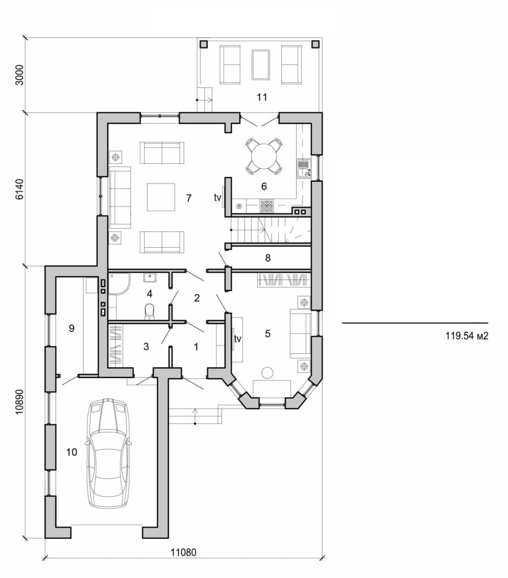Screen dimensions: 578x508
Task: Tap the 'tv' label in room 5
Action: pos(238,339)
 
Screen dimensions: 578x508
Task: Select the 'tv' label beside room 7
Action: pos(218,198)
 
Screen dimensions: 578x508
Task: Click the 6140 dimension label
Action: pos(19,189)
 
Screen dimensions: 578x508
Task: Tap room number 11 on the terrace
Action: pos(261,97)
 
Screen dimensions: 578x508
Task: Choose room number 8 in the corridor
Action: pos(268,258)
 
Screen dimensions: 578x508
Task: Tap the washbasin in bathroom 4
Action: pos(150,277)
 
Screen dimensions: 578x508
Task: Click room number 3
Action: pos(146,347)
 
